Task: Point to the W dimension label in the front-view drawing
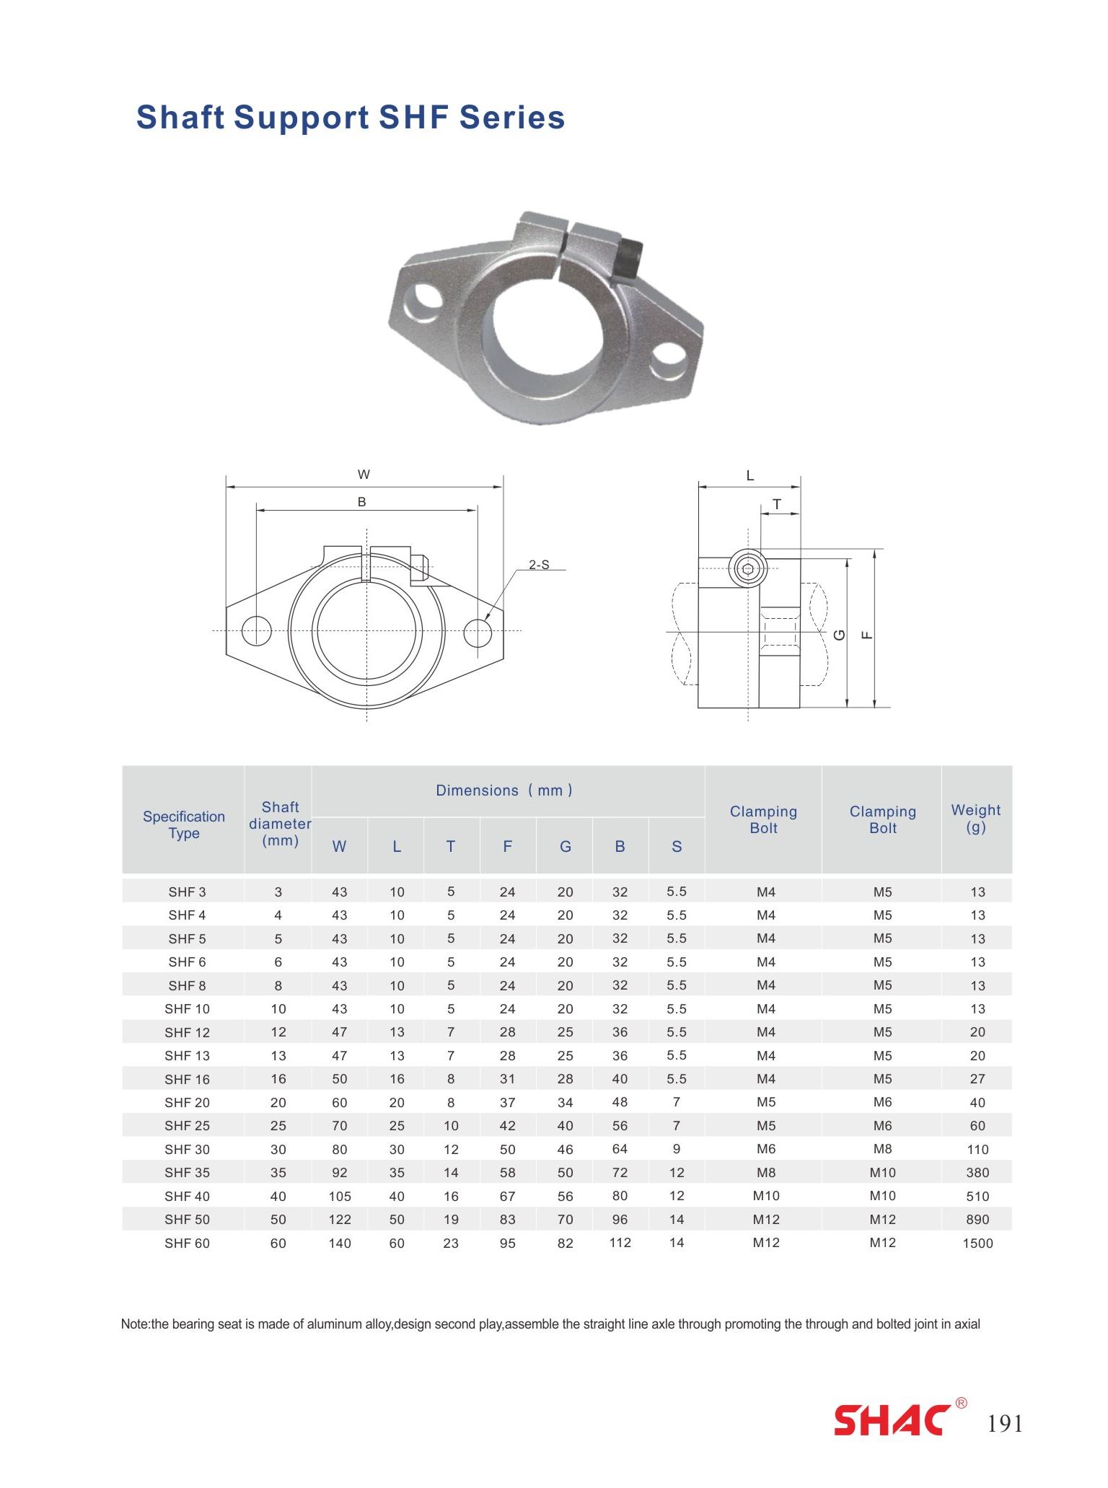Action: coord(364,475)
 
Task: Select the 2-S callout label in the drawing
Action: coord(539,565)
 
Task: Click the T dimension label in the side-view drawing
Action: coord(777,504)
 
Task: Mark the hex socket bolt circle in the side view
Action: coord(747,569)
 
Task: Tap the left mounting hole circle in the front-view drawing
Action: coord(256,630)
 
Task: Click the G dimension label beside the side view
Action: coord(839,635)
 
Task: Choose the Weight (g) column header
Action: coord(976,819)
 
